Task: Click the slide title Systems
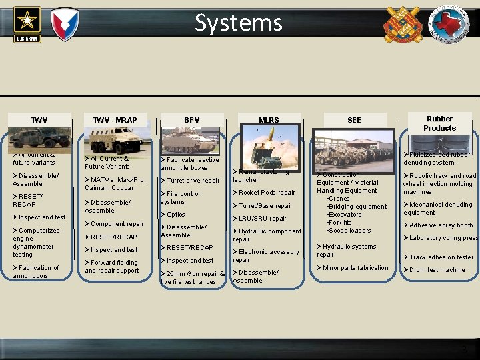(239, 23)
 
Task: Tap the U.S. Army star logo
(27, 23)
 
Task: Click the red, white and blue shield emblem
(65, 23)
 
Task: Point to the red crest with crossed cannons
(403, 24)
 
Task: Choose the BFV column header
(191, 120)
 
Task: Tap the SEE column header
(354, 120)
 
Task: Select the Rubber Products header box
(439, 123)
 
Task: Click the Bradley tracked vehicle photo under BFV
(191, 141)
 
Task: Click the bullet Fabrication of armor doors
(37, 271)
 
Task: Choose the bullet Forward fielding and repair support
(112, 267)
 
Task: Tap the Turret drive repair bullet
(193, 181)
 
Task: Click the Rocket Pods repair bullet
(267, 193)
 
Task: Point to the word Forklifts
(339, 223)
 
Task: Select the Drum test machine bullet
(437, 270)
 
